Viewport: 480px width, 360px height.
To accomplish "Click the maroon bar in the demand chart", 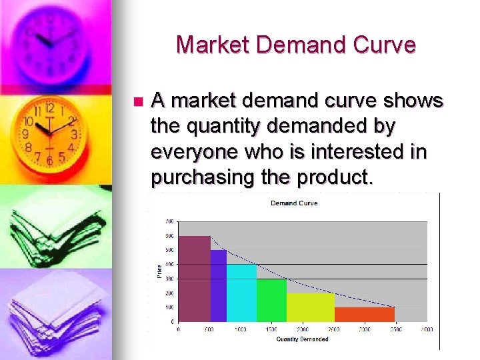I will (194, 279).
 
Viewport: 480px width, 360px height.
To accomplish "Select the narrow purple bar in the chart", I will (219, 285).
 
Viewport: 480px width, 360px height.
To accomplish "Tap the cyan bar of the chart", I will (241, 293).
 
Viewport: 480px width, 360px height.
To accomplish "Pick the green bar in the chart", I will (271, 300).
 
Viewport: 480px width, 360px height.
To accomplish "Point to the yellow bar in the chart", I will (311, 307).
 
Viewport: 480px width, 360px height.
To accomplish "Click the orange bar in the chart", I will (364, 314).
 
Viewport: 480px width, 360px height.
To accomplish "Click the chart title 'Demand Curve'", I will (294, 203).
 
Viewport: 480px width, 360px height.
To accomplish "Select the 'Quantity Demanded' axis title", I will (302, 339).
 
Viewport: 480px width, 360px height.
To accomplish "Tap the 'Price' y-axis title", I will (159, 271).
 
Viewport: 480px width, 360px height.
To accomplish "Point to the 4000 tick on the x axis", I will (427, 329).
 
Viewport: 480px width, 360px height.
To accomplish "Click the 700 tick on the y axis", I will (170, 221).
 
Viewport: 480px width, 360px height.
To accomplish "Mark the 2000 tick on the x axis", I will (303, 329).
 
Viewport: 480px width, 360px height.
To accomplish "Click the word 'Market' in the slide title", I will (213, 45).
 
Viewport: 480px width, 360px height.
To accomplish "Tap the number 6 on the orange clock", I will (49, 160).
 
